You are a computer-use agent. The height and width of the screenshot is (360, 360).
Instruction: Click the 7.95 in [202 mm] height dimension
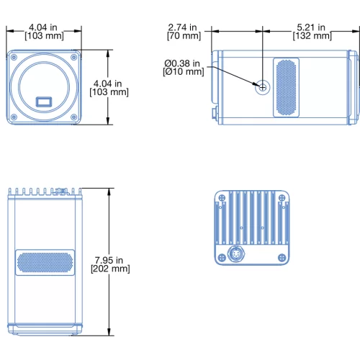click(110, 264)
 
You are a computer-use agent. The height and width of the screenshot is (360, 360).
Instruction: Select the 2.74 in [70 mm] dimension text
click(184, 32)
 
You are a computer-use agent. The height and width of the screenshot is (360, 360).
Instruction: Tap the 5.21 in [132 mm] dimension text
click(312, 32)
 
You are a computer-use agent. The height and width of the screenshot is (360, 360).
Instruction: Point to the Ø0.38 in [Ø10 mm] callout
click(184, 68)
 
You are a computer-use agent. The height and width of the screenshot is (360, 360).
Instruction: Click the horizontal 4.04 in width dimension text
click(44, 32)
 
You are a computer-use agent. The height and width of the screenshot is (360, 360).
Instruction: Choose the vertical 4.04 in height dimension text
click(109, 88)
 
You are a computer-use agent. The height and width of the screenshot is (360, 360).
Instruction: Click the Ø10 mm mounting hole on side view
click(263, 87)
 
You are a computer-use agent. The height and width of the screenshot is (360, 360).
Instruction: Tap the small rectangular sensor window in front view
click(44, 102)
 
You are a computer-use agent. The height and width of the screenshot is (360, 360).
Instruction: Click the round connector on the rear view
click(236, 254)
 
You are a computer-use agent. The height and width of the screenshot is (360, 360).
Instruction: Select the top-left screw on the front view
click(14, 57)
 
